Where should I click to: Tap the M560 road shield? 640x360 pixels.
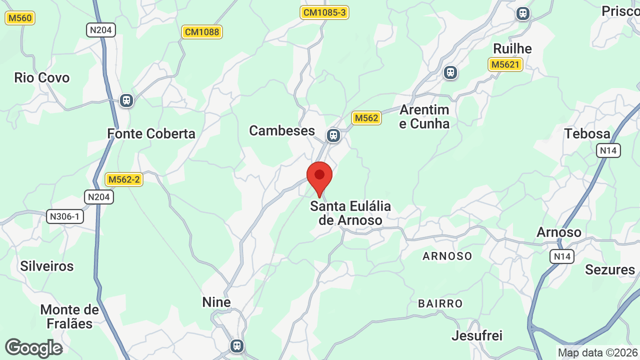[x=20, y=18]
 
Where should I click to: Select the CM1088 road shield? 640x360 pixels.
[x=201, y=32]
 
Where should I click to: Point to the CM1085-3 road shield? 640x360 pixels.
[x=324, y=12]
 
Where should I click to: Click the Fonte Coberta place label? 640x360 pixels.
[x=151, y=133]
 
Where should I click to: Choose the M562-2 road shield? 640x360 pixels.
[x=124, y=179]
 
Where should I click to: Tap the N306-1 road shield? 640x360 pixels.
[x=65, y=216]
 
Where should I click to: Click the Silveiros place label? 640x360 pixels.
[x=47, y=266]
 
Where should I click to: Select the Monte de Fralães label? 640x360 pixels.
[x=69, y=316]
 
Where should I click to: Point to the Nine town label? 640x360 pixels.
[x=216, y=302]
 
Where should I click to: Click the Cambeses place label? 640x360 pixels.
[x=282, y=130]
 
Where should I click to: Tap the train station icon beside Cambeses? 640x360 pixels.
[x=333, y=135]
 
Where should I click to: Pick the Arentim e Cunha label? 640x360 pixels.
[x=424, y=116]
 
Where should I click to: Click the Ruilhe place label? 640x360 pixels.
[x=512, y=48]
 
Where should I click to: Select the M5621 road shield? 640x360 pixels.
[x=505, y=64]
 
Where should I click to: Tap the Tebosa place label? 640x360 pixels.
[x=587, y=133]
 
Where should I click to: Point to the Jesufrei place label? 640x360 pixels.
[x=477, y=335]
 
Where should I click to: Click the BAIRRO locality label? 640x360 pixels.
[x=440, y=303]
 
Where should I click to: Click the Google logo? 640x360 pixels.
[x=33, y=348]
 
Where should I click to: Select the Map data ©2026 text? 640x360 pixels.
[x=598, y=353]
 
